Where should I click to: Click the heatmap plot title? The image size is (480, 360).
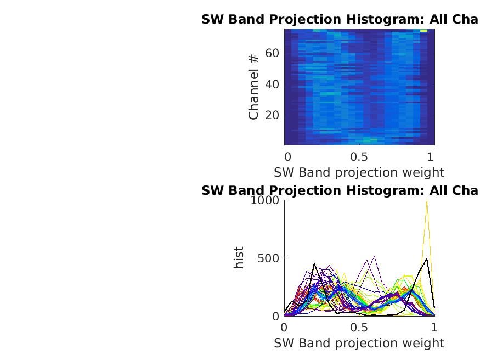click(x=340, y=20)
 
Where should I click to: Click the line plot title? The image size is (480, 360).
click(x=340, y=191)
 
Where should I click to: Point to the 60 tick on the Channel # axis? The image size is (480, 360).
click(x=272, y=53)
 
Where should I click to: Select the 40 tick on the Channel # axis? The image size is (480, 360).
click(x=272, y=85)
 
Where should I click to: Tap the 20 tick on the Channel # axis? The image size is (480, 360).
click(x=272, y=115)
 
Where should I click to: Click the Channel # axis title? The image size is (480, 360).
click(x=253, y=87)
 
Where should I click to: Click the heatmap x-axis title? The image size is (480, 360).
click(x=359, y=172)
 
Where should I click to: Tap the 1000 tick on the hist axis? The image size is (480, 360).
click(x=265, y=201)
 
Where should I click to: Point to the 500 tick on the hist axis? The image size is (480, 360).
click(x=269, y=258)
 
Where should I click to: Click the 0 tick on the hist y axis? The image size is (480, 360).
click(x=276, y=316)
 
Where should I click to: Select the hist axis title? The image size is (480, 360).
click(x=239, y=258)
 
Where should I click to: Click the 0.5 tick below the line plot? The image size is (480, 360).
click(x=359, y=328)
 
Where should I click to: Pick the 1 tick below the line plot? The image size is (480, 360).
click(x=434, y=328)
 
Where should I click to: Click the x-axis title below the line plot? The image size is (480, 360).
click(x=359, y=344)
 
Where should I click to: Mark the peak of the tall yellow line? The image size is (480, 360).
click(x=426, y=201)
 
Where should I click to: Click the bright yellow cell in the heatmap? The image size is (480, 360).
click(x=423, y=31)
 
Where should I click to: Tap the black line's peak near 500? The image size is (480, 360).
click(x=426, y=259)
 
